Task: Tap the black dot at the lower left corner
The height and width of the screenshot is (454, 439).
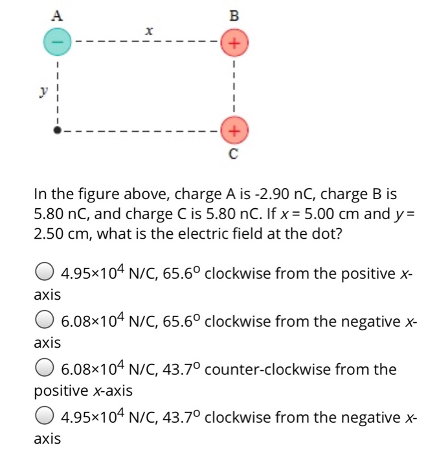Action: click(x=57, y=130)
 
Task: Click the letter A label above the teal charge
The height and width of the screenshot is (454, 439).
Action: click(x=57, y=14)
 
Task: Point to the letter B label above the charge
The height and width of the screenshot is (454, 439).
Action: click(x=234, y=14)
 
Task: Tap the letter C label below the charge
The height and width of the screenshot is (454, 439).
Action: click(x=234, y=155)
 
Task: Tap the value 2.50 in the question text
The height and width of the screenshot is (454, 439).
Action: click(x=51, y=233)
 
